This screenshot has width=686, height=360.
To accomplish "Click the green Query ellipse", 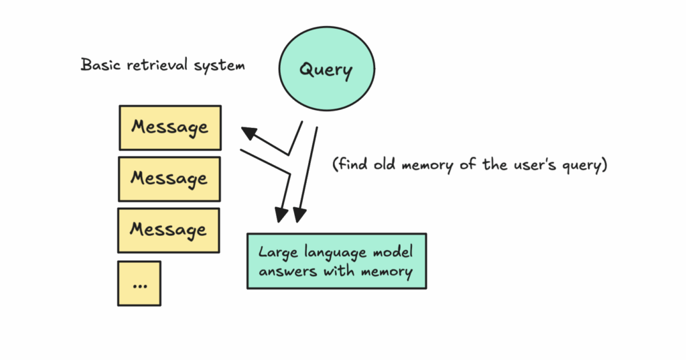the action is point(327,68).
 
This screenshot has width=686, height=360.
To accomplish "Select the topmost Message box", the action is point(170,127).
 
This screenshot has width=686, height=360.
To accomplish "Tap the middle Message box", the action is point(169,179).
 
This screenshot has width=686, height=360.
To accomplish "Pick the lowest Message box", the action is point(168,231).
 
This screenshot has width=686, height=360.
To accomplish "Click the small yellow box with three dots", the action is point(139,284).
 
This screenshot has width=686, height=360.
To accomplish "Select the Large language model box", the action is point(336,261).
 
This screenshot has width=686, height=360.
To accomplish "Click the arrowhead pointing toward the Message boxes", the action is point(249,133).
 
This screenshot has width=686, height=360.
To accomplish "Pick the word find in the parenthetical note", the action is point(352,165).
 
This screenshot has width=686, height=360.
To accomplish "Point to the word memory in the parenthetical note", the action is point(427,166).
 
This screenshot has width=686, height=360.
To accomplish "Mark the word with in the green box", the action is point(338,271).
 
